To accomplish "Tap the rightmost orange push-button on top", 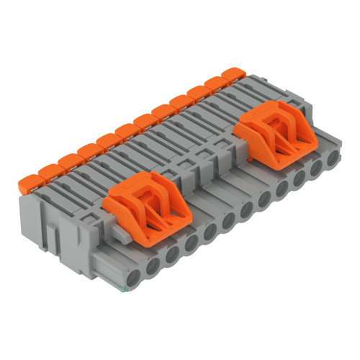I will click(x=232, y=73).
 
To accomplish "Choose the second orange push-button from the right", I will click(x=215, y=82).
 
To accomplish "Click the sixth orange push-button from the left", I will click(x=125, y=130).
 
